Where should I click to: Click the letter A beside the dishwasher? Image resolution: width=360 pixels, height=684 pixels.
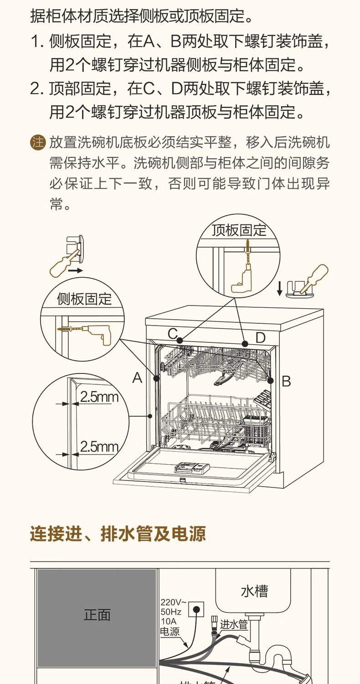pyautogui.click(x=137, y=378)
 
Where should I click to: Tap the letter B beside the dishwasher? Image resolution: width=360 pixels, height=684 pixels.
pyautogui.click(x=286, y=381)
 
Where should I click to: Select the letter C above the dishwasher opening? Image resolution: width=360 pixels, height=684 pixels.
pyautogui.click(x=172, y=333)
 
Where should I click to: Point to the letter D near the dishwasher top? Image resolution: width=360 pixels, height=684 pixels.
pyautogui.click(x=260, y=338)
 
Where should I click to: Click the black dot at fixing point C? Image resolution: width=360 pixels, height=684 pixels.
pyautogui.click(x=180, y=340)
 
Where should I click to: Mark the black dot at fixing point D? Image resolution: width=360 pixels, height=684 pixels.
pyautogui.click(x=245, y=344)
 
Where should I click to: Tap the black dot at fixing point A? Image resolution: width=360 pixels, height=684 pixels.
pyautogui.click(x=156, y=378)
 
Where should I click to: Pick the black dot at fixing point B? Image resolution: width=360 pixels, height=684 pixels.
pyautogui.click(x=270, y=380)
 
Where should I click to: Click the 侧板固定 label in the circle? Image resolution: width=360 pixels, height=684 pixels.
pyautogui.click(x=84, y=299)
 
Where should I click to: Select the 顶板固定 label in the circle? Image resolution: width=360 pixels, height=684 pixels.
pyautogui.click(x=239, y=230)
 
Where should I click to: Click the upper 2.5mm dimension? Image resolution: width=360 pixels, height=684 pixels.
pyautogui.click(x=99, y=397)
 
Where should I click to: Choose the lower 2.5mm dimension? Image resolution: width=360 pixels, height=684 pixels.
pyautogui.click(x=99, y=447)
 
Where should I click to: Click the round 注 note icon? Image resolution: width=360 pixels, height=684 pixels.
pyautogui.click(x=38, y=143)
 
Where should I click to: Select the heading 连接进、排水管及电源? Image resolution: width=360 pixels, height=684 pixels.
pyautogui.click(x=118, y=534)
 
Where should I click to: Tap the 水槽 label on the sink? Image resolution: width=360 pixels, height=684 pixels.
pyautogui.click(x=254, y=591)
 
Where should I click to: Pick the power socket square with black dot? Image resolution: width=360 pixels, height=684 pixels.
pyautogui.click(x=196, y=610)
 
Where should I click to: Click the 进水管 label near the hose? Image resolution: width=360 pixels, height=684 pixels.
pyautogui.click(x=234, y=624)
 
